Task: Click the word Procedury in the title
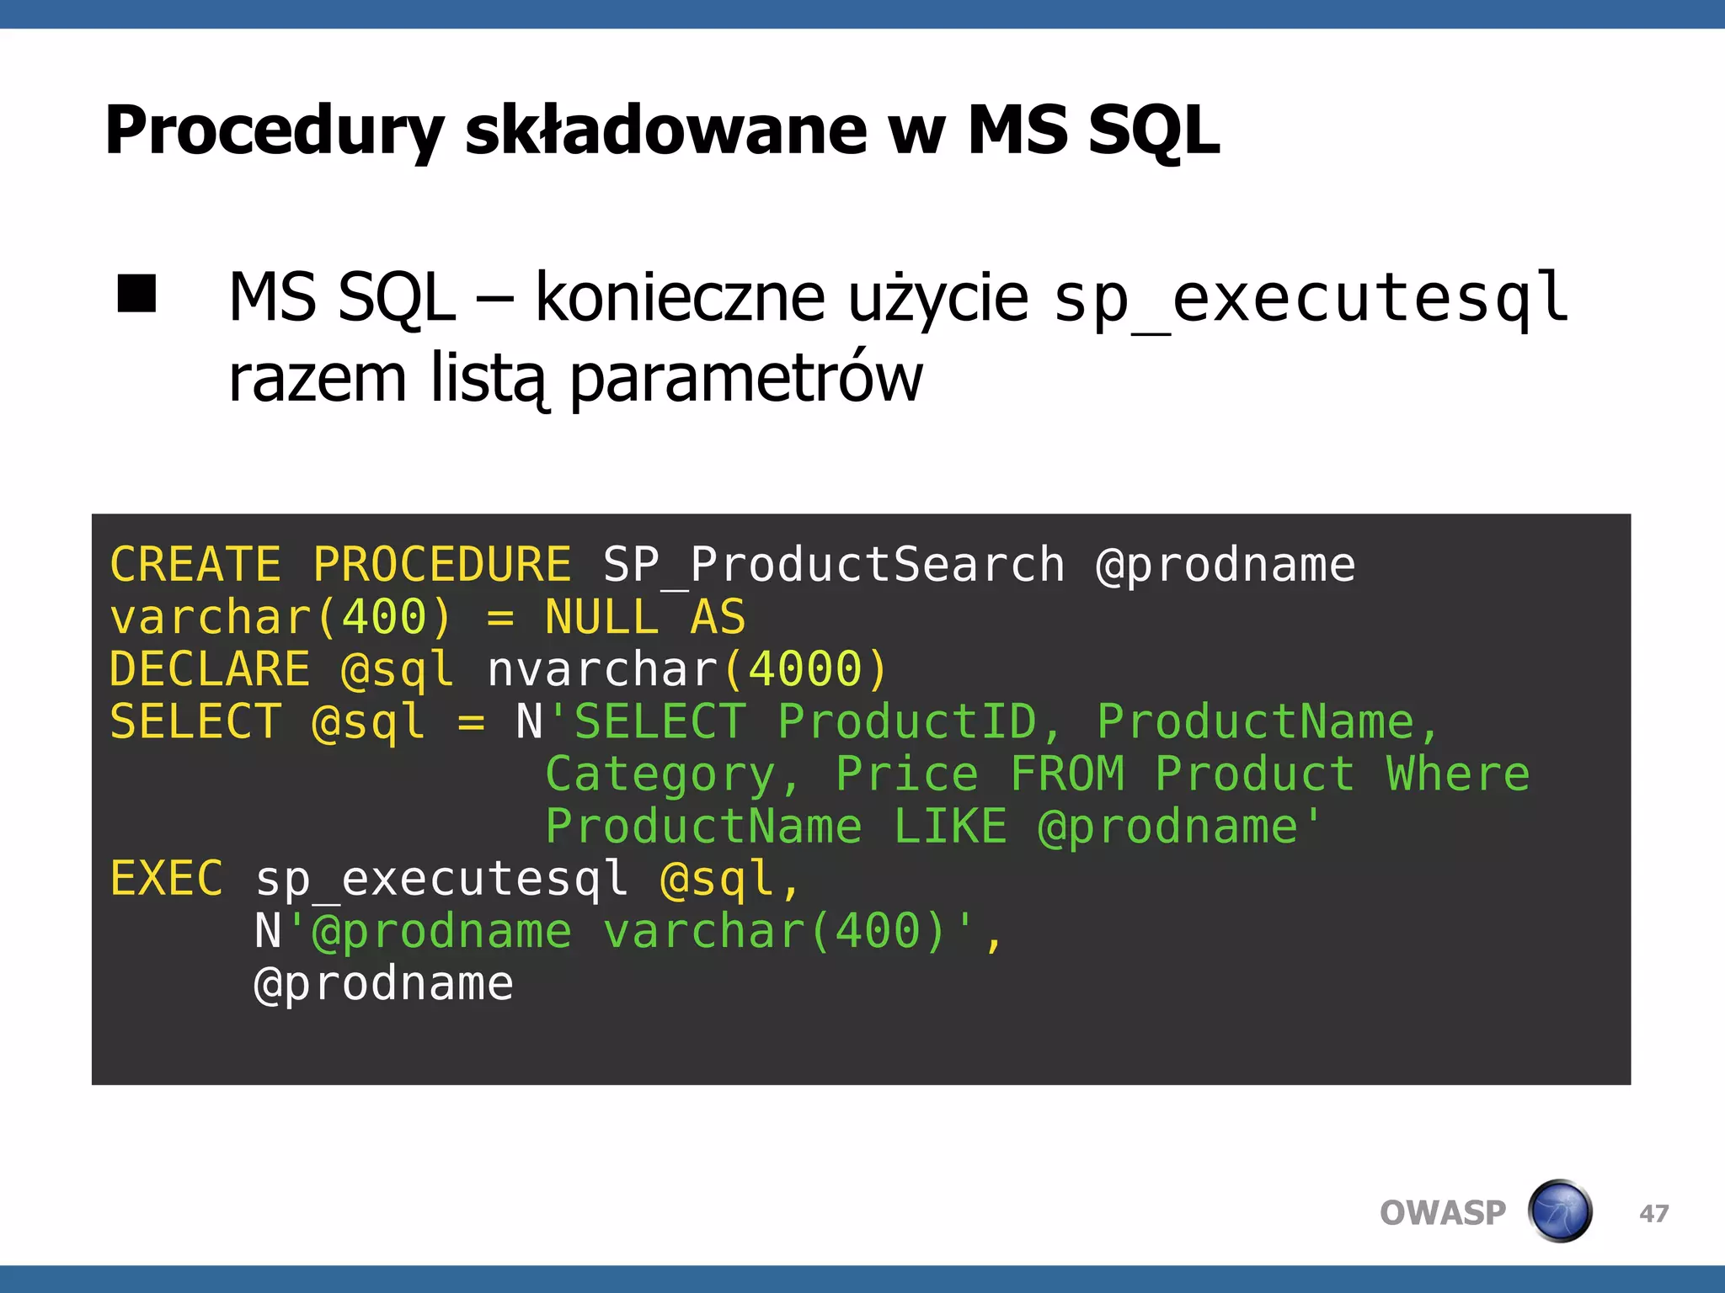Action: [273, 131]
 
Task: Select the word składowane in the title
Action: [665, 131]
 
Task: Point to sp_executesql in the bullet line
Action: [1311, 298]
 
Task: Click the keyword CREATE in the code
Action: [195, 564]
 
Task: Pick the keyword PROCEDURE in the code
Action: [442, 564]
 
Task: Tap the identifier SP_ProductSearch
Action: [834, 564]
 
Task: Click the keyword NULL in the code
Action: [601, 617]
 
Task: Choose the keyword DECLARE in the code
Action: [210, 669]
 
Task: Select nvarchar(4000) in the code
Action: [687, 669]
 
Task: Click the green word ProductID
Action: [906, 722]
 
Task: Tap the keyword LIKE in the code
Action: [950, 827]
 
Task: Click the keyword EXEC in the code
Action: [167, 879]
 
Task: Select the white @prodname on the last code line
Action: [384, 983]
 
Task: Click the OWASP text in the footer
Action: [1442, 1213]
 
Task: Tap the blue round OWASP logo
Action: [1560, 1211]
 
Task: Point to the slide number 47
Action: [1654, 1213]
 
